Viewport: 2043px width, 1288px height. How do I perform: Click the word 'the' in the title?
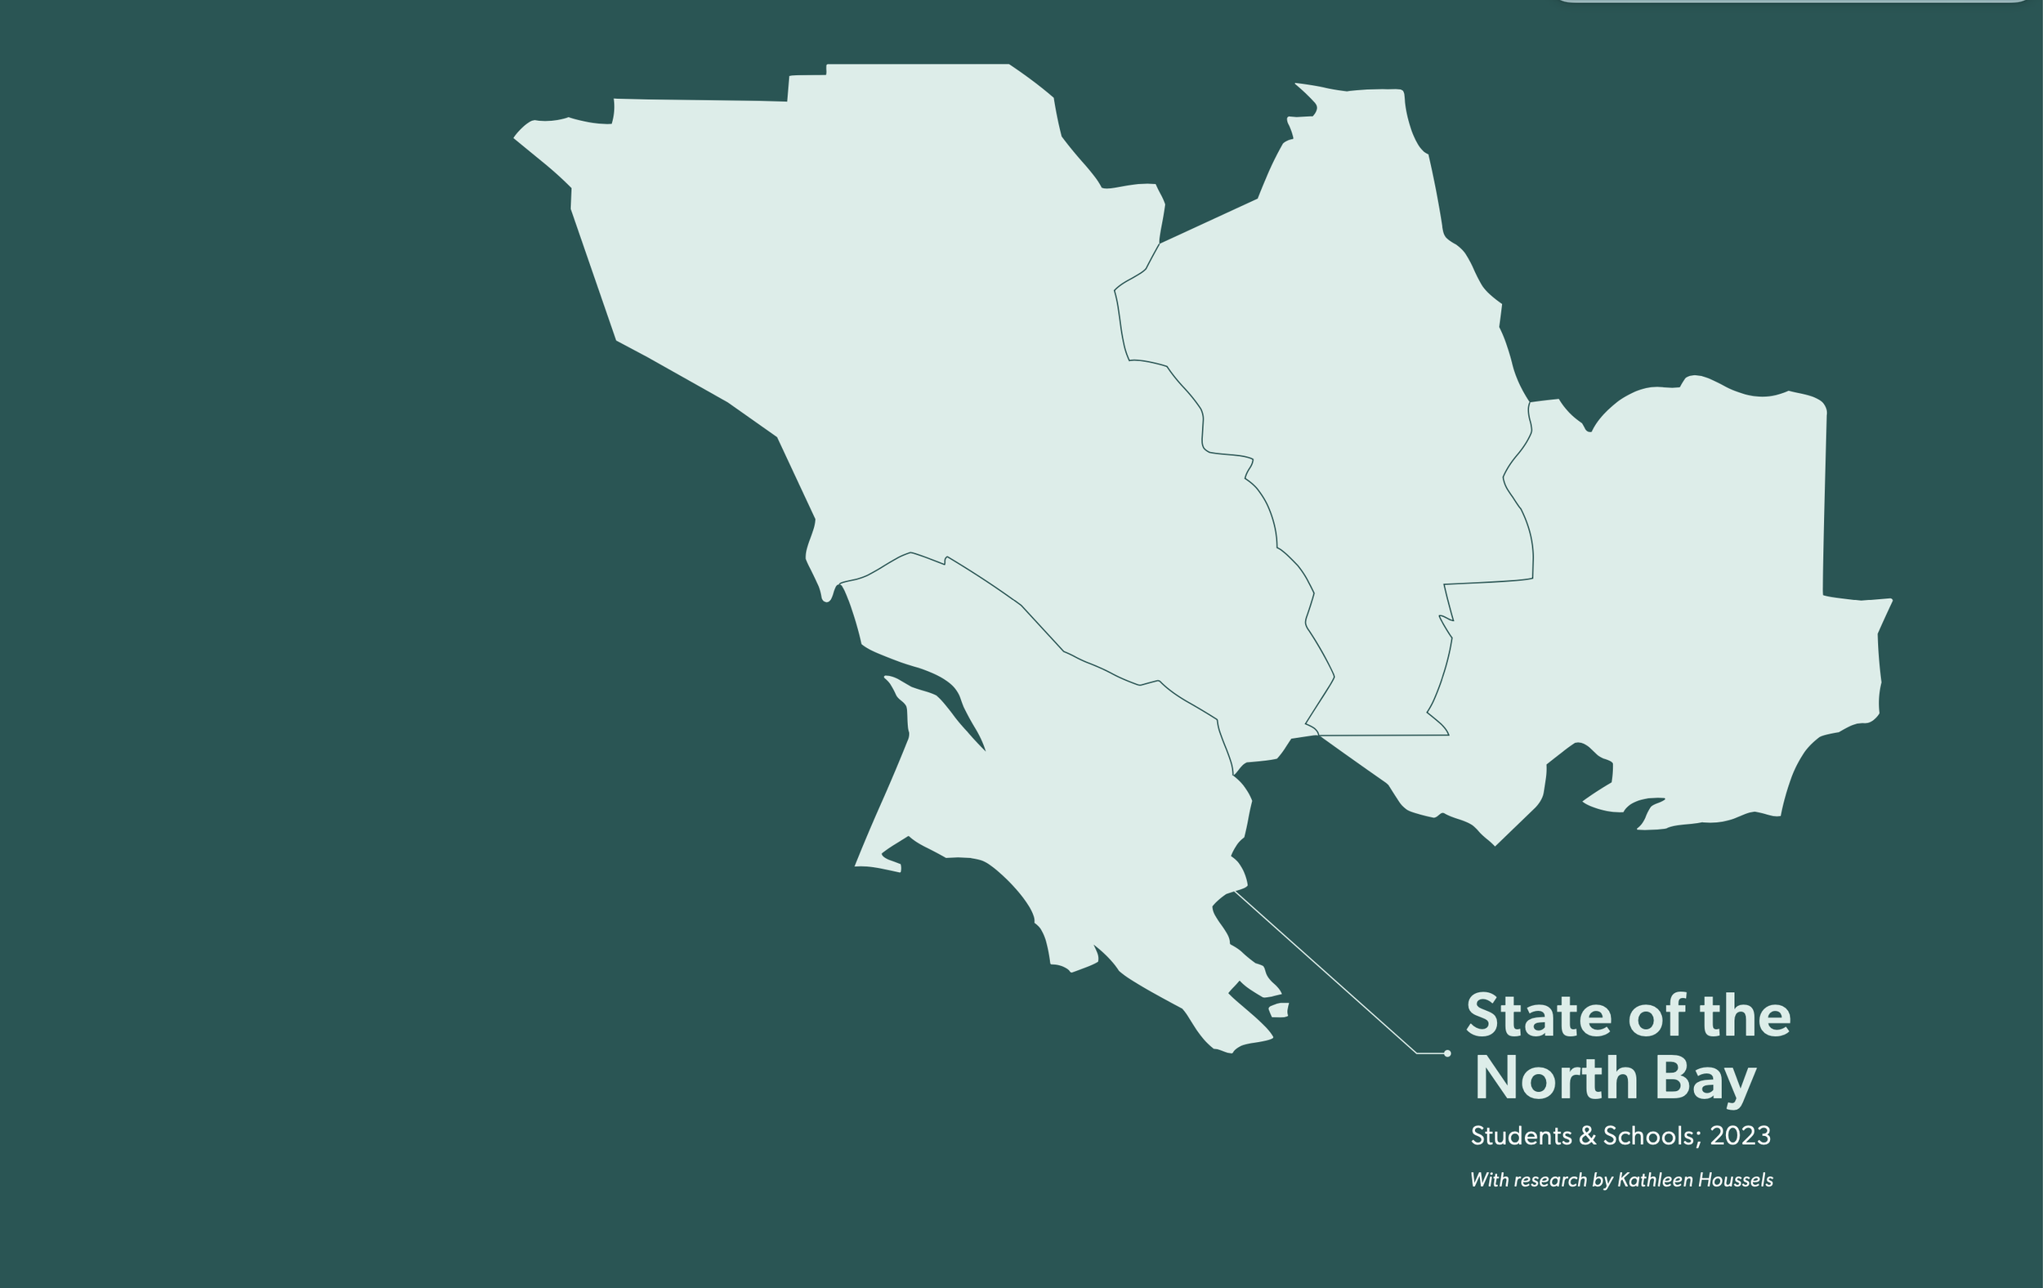1746,1016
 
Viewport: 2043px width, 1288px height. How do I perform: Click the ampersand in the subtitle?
1587,1136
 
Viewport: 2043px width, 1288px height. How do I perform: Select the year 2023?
1740,1136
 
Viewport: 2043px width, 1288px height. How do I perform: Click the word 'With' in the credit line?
1489,1180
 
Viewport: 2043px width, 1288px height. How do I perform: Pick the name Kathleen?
1655,1180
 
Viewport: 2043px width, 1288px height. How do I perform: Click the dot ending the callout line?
1447,1053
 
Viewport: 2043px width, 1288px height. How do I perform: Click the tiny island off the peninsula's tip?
1279,1009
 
